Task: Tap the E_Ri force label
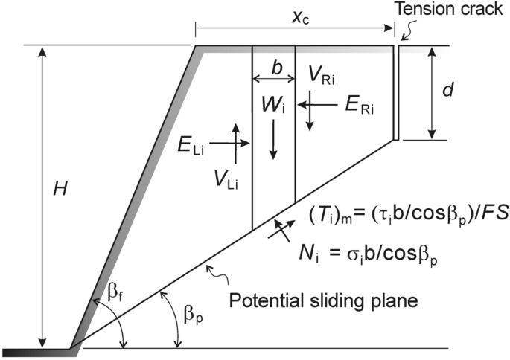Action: (360, 106)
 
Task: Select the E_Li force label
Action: (190, 144)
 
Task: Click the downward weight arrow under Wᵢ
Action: (273, 138)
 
